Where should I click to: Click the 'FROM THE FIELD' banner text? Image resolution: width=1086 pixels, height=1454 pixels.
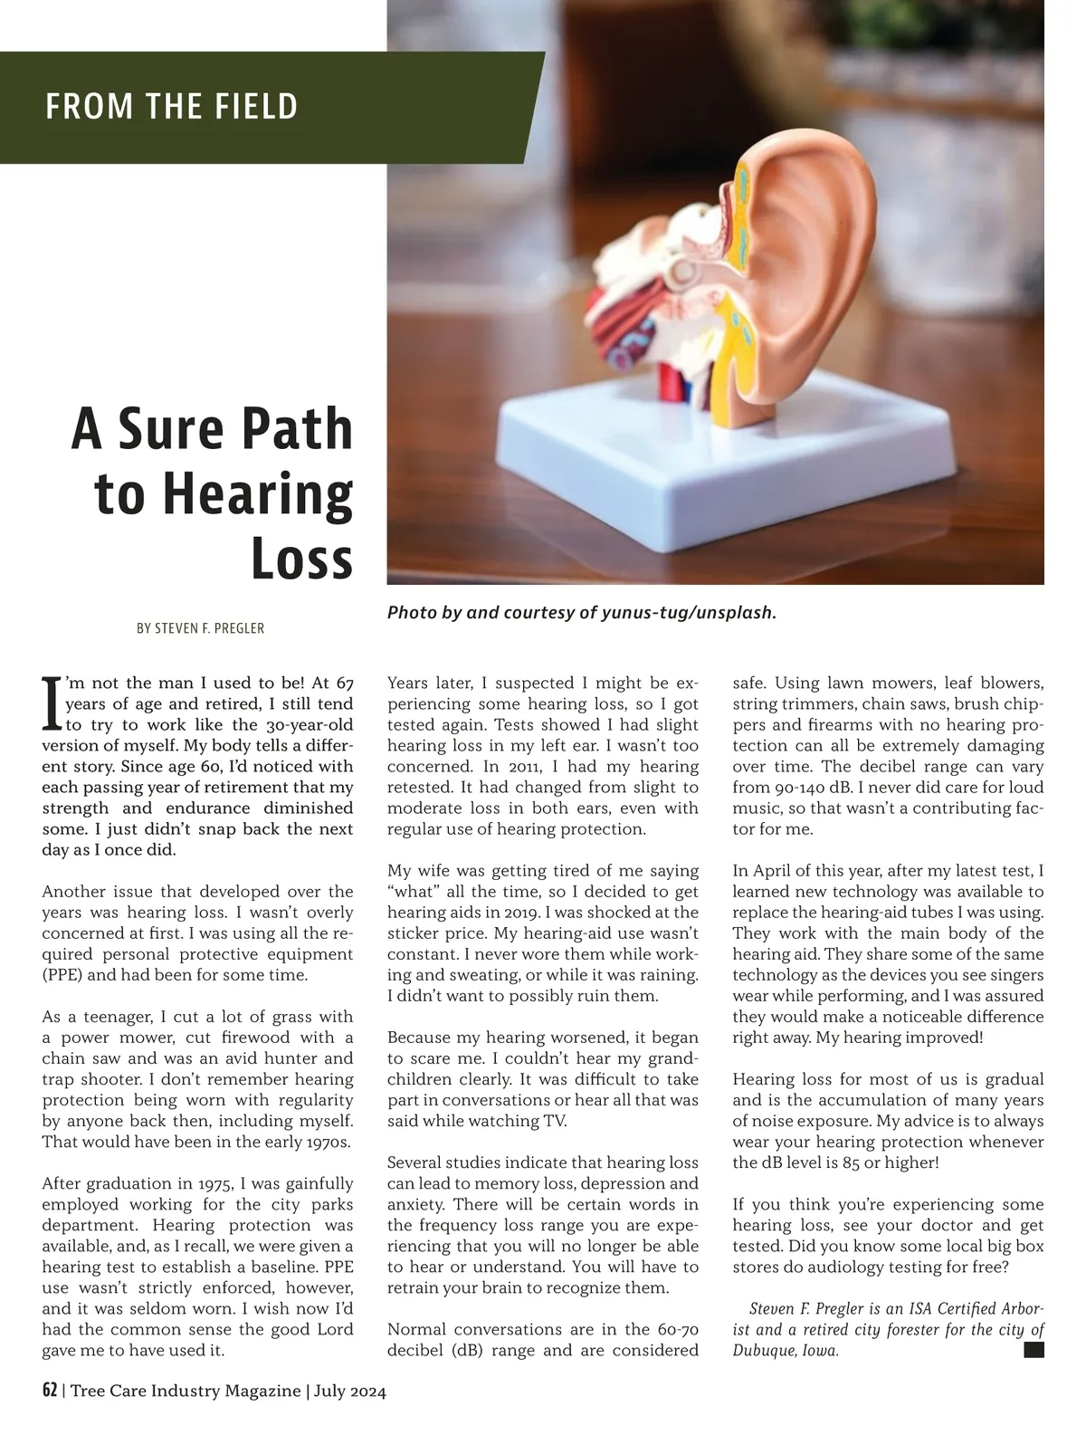(171, 107)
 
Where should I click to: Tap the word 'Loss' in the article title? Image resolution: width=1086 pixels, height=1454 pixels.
(301, 559)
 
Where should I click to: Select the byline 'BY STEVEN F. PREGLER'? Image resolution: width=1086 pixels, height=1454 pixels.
(200, 628)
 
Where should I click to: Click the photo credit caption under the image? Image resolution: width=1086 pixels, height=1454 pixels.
(581, 613)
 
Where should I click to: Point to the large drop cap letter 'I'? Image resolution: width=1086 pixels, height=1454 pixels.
(52, 703)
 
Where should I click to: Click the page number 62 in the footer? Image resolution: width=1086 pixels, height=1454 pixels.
(50, 1391)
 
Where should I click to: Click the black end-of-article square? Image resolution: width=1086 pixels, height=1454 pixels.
(1034, 1350)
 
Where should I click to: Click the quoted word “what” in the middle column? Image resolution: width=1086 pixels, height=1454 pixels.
(413, 892)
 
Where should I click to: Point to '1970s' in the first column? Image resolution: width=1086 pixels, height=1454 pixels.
(326, 1142)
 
